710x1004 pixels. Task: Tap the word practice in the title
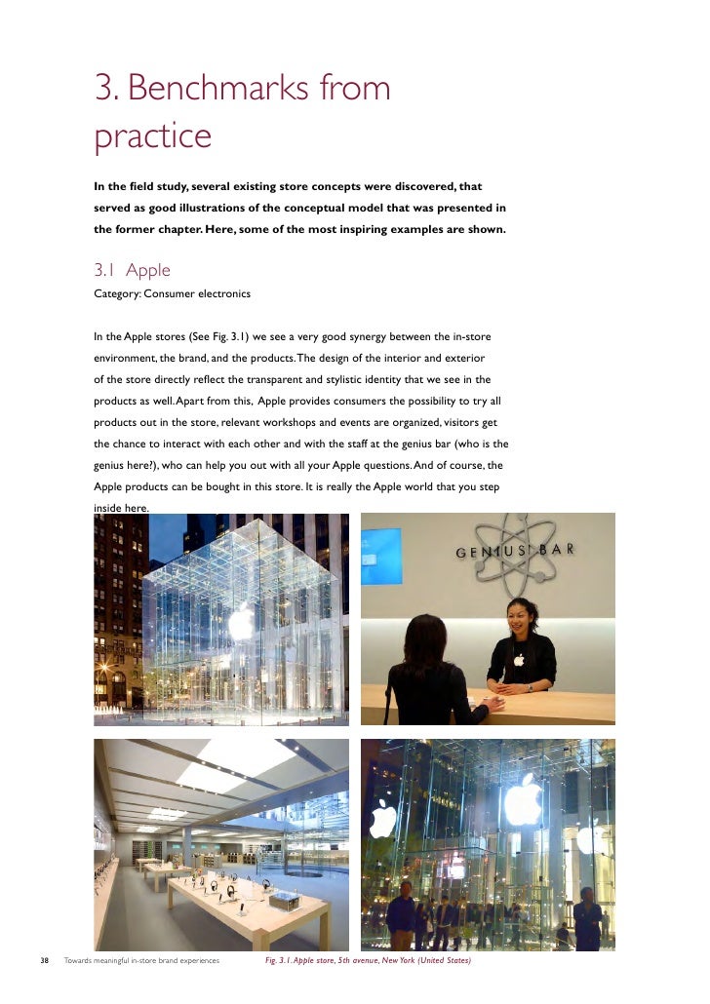[x=152, y=135]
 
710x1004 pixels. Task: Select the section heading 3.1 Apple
[x=132, y=270]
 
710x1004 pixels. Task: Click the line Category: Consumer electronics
[x=172, y=293]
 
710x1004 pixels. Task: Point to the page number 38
[x=44, y=961]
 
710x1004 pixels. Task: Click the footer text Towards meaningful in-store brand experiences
[x=141, y=961]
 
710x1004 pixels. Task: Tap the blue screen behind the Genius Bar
[x=380, y=555]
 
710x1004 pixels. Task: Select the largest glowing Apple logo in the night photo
[x=523, y=801]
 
